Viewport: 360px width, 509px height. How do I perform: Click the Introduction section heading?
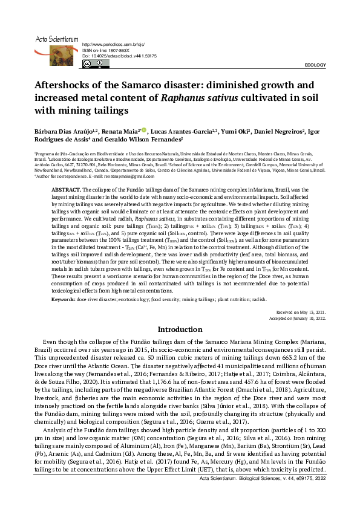(x=180, y=329)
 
